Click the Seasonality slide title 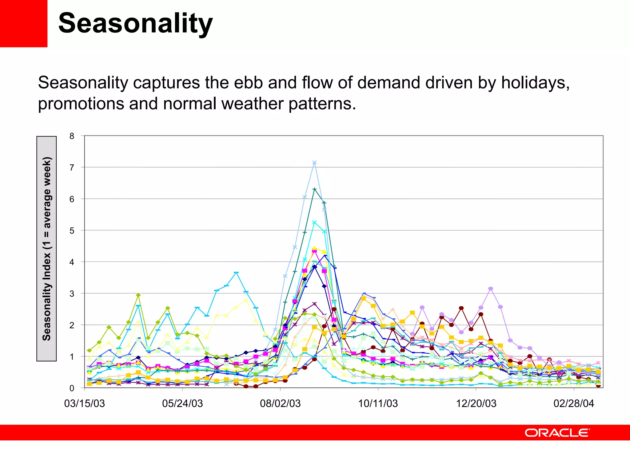pos(135,23)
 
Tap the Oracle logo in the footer pos(557,433)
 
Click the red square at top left pos(23,23)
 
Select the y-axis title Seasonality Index pos(46,249)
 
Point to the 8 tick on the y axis pos(72,136)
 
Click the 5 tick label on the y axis pos(72,231)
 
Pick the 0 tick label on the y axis pos(72,388)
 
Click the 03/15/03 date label pos(85,403)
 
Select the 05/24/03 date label pos(182,403)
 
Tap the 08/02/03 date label pos(280,403)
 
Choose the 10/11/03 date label pos(378,403)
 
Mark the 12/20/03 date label pos(476,403)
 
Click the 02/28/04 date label pos(574,403)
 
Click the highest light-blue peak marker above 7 pos(314,163)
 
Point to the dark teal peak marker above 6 pos(314,189)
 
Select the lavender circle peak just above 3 pos(491,289)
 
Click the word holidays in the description pos(535,83)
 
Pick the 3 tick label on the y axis pos(72,294)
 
